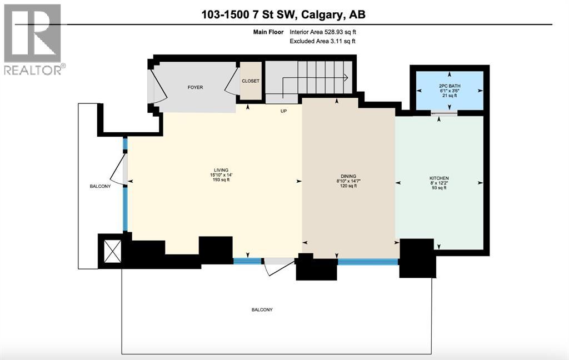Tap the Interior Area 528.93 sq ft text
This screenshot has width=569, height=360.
point(323,32)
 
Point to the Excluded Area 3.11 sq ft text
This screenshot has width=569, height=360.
point(323,41)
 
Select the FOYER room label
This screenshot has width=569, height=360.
point(195,87)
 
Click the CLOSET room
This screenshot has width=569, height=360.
point(250,81)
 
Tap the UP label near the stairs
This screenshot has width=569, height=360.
point(283,111)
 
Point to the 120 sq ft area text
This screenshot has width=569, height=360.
point(348,186)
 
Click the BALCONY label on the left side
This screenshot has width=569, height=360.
point(101,186)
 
